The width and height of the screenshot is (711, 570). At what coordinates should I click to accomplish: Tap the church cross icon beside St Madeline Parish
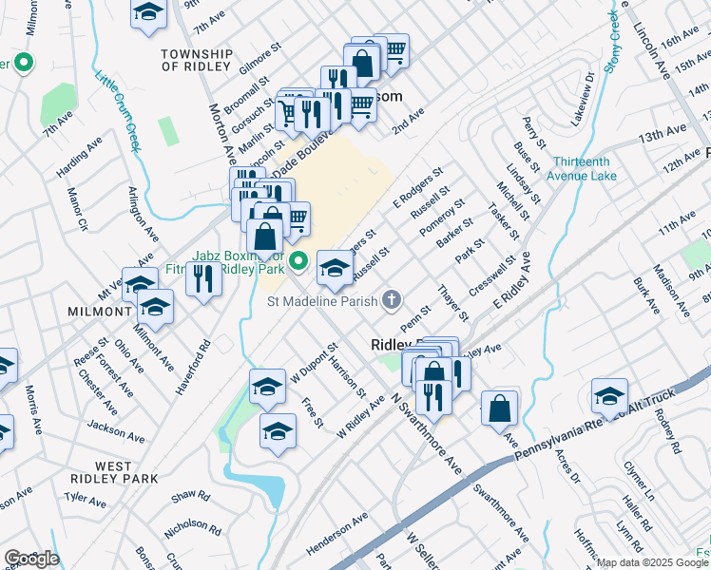click(391, 301)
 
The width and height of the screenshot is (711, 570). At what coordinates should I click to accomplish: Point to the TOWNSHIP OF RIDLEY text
click(197, 61)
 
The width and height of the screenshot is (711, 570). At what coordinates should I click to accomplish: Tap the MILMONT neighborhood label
click(99, 312)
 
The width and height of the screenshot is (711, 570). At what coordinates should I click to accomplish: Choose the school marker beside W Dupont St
click(268, 386)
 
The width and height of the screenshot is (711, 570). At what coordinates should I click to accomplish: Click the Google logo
click(30, 559)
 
